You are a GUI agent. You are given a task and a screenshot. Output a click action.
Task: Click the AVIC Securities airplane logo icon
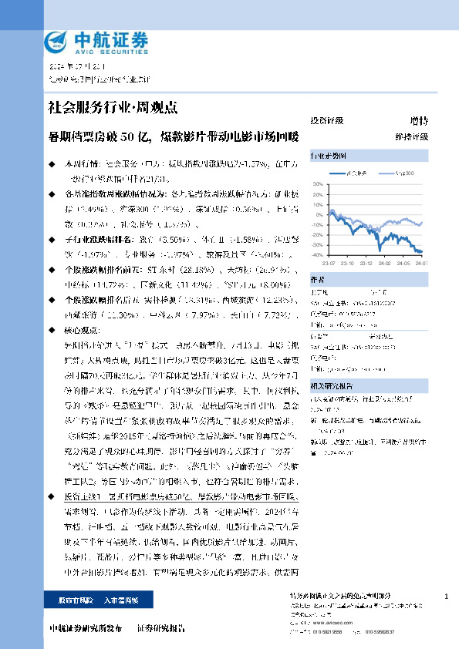tap(56, 39)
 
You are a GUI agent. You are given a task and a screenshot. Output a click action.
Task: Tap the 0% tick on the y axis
tap(319, 215)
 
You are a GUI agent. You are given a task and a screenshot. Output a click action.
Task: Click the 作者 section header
tap(316, 279)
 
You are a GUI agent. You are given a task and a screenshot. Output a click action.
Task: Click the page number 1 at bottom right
tap(447, 597)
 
